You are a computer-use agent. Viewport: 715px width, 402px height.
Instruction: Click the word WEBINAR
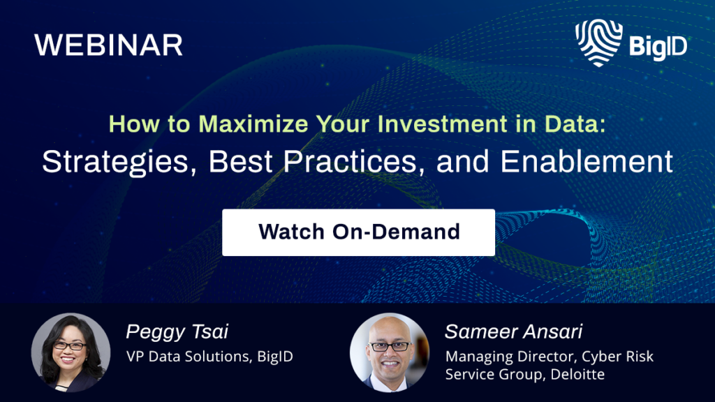click(108, 45)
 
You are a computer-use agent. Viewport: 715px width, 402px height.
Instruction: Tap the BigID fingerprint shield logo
click(598, 43)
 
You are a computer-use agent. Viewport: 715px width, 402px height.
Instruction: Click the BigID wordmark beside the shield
click(658, 47)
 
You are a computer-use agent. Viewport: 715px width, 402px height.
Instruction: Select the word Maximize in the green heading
click(253, 124)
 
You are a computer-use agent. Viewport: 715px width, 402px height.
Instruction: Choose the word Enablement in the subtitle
click(587, 161)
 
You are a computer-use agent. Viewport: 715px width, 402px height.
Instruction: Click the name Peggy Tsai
click(177, 332)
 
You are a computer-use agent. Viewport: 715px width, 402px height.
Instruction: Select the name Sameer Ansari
click(513, 332)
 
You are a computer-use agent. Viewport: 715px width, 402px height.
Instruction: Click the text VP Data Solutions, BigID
click(209, 357)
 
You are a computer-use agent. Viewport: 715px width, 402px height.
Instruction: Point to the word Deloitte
click(577, 374)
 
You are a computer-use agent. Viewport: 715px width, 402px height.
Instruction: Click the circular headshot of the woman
click(71, 352)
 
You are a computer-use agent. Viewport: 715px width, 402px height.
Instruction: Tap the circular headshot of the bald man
click(390, 352)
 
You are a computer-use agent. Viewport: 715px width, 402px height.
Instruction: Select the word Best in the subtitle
click(240, 161)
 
